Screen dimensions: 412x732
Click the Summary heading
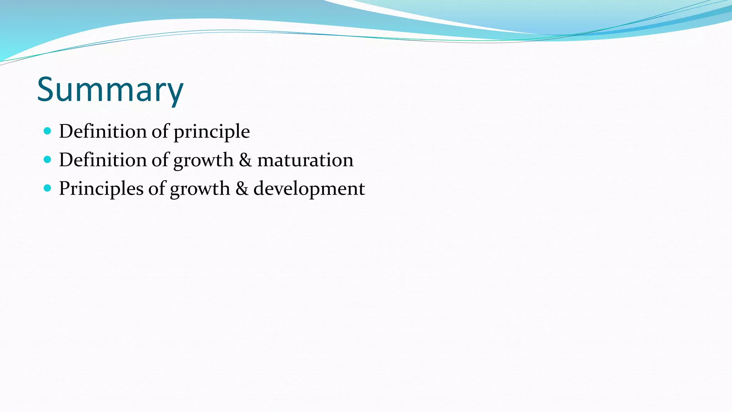click(x=110, y=89)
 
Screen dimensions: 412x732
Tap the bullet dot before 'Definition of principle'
click(x=48, y=131)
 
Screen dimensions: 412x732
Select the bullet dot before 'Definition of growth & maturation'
click(x=48, y=159)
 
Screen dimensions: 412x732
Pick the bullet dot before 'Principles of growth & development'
click(x=48, y=188)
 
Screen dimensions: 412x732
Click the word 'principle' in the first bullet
click(x=212, y=132)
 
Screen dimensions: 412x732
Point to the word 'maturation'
click(x=305, y=160)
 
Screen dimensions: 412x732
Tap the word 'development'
click(x=309, y=188)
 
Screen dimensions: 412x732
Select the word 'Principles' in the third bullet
click(x=101, y=188)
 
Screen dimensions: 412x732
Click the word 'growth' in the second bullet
click(x=203, y=161)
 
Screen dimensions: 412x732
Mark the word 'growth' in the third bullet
click(x=200, y=189)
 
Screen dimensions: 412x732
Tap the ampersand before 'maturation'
click(x=245, y=160)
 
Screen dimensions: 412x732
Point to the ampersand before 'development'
click(x=242, y=188)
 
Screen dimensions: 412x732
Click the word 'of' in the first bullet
click(x=160, y=131)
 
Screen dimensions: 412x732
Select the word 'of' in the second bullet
click(x=160, y=160)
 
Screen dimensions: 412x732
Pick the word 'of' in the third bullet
click(x=157, y=188)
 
